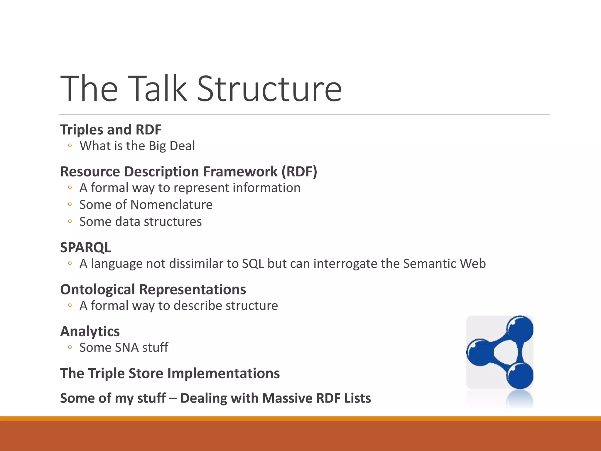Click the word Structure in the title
click(269, 89)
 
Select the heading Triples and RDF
click(111, 130)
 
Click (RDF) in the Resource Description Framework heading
click(299, 171)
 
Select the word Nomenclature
click(171, 205)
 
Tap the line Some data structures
click(140, 222)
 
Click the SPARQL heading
click(85, 247)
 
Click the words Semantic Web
click(444, 264)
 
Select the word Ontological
click(97, 290)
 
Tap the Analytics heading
click(90, 331)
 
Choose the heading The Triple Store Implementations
click(170, 373)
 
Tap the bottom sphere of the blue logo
click(520, 376)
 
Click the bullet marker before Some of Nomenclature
click(70, 204)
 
